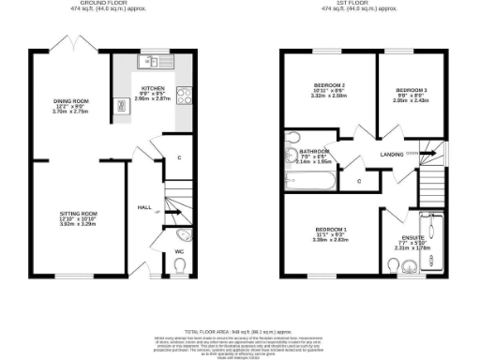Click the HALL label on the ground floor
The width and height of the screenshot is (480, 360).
(144, 207)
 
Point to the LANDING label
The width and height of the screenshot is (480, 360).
(391, 154)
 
